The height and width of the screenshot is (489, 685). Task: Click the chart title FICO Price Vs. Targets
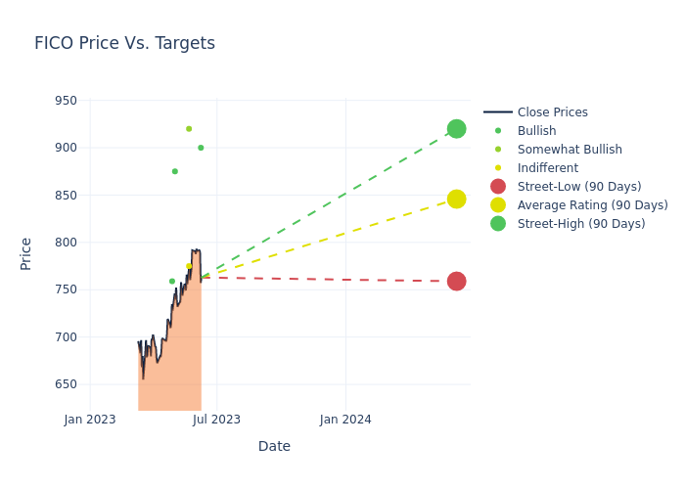coord(124,44)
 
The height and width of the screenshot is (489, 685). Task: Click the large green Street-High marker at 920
coord(456,129)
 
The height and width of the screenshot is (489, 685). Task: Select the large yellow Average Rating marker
coord(456,200)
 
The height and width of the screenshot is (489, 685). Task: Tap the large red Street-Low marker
coord(456,282)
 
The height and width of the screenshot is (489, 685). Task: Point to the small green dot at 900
coord(201,148)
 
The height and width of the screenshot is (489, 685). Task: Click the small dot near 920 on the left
coord(189,129)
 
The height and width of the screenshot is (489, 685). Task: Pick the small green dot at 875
coord(175,171)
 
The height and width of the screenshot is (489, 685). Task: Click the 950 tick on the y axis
coord(66,101)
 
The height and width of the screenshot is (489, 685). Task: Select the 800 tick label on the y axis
coord(66,243)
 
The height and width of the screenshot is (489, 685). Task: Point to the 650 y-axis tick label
coord(66,384)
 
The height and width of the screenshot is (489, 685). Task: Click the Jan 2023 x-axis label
coord(90,420)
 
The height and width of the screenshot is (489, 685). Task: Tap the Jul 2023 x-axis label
coord(216,420)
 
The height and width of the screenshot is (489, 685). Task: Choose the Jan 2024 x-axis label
coord(345,420)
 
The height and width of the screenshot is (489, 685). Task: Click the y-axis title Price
coord(26,253)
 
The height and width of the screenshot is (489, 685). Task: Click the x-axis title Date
coord(274,446)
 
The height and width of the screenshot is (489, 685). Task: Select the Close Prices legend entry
coord(552,112)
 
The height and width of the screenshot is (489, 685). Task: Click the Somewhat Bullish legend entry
coord(570,150)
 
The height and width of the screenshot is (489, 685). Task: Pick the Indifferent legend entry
coord(547,168)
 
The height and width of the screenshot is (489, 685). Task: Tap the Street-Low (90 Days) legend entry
coord(579,187)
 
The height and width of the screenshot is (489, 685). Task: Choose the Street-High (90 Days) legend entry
coord(581,224)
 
